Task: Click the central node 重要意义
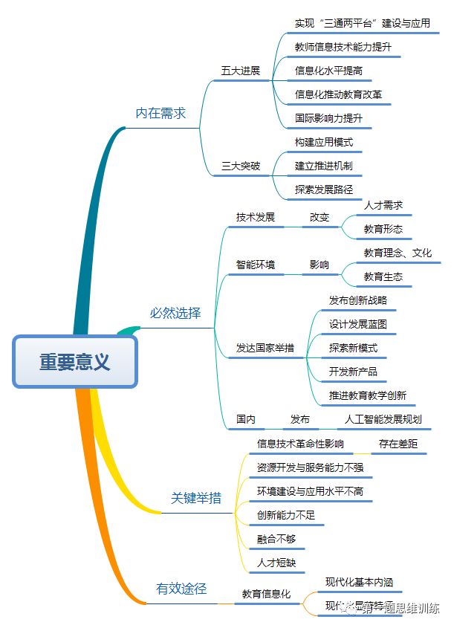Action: click(x=75, y=362)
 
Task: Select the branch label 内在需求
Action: click(x=160, y=114)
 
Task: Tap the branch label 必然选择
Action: click(x=175, y=313)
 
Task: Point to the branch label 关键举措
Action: click(x=195, y=498)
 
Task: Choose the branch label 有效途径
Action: click(x=181, y=589)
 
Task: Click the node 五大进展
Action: click(x=240, y=71)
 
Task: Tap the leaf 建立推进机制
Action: click(x=323, y=166)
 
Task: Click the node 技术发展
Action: click(x=255, y=217)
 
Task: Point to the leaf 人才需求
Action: click(x=383, y=205)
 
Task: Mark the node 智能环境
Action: click(x=255, y=265)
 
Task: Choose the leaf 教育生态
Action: click(x=383, y=276)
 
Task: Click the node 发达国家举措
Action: click(x=265, y=348)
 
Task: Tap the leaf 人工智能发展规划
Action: click(x=383, y=419)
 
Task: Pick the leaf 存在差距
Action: click(x=398, y=444)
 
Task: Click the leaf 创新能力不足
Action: click(x=286, y=515)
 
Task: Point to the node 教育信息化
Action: click(x=266, y=594)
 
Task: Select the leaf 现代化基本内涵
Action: click(x=360, y=581)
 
